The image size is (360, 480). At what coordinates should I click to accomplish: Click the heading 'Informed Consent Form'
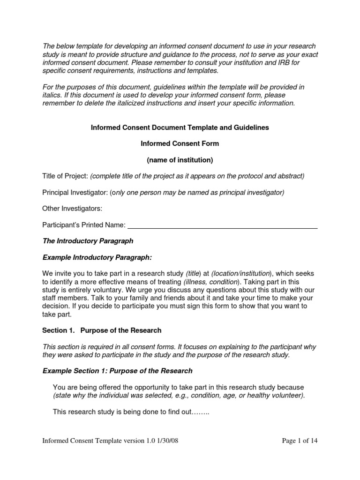(180, 143)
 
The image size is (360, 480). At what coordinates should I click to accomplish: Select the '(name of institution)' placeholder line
(180, 160)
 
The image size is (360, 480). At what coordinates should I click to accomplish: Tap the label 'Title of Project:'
(65, 176)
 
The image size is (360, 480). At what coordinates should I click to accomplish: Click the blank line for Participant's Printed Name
(223, 225)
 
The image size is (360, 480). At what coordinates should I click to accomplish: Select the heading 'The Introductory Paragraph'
(88, 241)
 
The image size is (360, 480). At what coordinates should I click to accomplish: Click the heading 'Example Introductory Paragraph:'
(97, 257)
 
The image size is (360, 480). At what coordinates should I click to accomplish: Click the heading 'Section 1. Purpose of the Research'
(102, 330)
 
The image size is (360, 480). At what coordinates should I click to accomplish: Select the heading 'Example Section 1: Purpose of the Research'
(118, 371)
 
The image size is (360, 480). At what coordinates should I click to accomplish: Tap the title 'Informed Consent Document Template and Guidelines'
(180, 127)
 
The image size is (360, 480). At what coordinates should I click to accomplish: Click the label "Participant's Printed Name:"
(84, 225)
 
